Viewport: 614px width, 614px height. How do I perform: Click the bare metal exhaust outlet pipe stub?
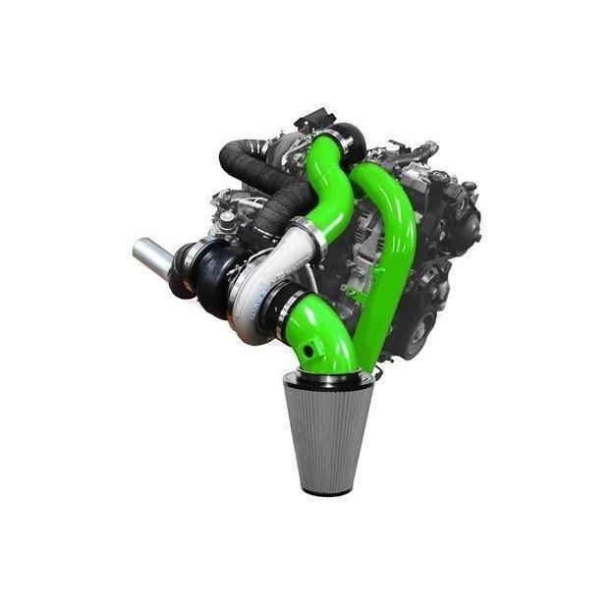(152, 257)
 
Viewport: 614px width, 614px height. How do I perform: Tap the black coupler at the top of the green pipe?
(344, 142)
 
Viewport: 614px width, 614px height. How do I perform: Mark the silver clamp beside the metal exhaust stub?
(180, 263)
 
